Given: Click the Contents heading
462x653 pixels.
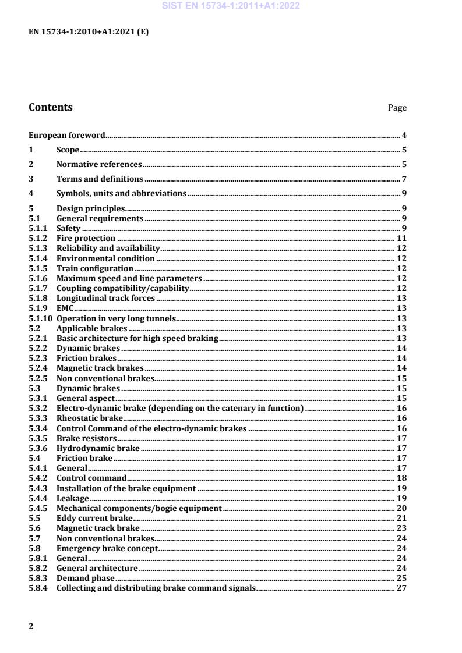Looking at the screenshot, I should point(51,107).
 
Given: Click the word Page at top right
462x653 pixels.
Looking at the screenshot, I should point(397,108).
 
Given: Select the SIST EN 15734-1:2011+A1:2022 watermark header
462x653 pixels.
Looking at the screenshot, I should point(231,6).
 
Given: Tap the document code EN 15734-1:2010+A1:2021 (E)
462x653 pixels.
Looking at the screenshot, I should point(89,33).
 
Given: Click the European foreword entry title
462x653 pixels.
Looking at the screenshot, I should point(67,135).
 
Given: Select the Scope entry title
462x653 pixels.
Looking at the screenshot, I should point(68,150).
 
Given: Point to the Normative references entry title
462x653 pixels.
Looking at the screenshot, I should point(99,164).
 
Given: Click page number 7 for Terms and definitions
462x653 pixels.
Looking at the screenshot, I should point(404,179).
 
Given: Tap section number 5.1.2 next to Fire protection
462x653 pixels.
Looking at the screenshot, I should point(38,238).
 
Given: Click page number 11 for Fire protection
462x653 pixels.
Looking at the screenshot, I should point(401,238).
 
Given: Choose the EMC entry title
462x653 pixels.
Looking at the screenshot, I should point(65,308).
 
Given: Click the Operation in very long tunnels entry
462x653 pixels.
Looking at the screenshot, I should point(116,318).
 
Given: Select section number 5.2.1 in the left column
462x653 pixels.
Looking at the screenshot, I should point(38,338).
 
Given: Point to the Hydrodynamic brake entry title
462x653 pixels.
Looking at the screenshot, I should point(98,448).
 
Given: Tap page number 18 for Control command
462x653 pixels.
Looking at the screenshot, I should point(401,478).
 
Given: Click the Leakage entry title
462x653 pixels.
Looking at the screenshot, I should point(73,498).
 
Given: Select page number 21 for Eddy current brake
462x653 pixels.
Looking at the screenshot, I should point(401,518).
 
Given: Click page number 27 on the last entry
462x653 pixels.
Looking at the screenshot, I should point(401,588).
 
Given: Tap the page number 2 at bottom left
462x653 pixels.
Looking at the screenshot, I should point(31,626).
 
